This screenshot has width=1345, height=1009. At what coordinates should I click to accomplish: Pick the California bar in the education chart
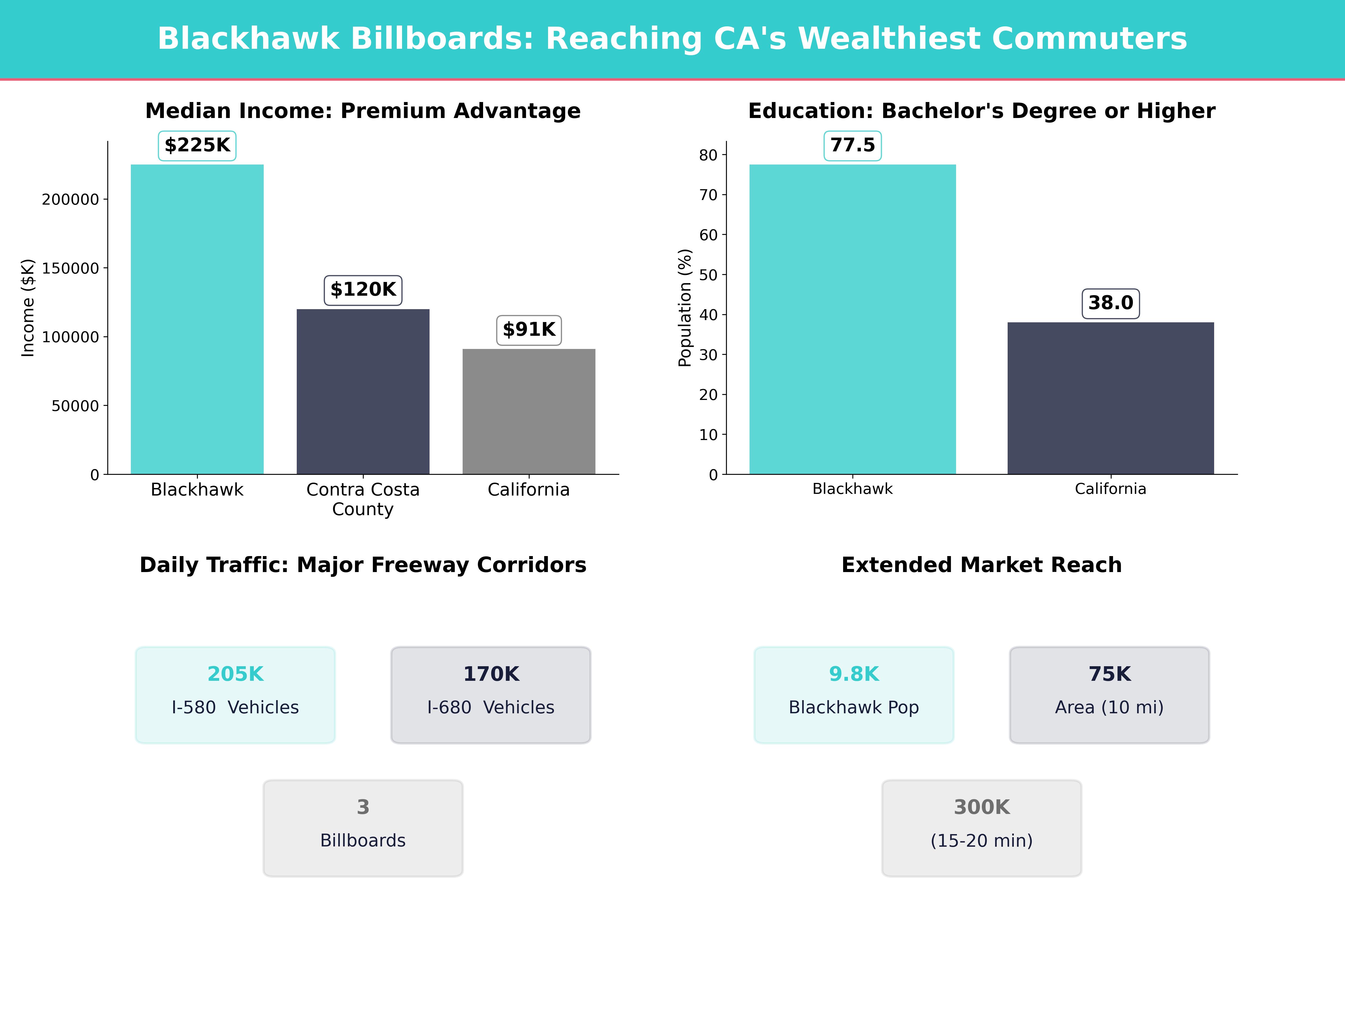click(1110, 398)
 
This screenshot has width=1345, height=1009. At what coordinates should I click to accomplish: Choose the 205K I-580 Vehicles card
click(235, 695)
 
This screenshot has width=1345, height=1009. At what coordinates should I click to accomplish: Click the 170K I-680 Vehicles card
click(491, 695)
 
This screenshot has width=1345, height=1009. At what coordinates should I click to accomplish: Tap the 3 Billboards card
click(363, 828)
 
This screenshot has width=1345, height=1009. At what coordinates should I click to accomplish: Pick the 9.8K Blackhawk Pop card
click(854, 695)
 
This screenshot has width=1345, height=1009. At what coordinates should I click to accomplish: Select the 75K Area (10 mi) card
click(1109, 695)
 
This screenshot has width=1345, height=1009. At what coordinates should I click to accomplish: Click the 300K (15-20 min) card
click(981, 828)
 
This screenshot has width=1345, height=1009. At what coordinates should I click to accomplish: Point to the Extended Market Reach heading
click(981, 565)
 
